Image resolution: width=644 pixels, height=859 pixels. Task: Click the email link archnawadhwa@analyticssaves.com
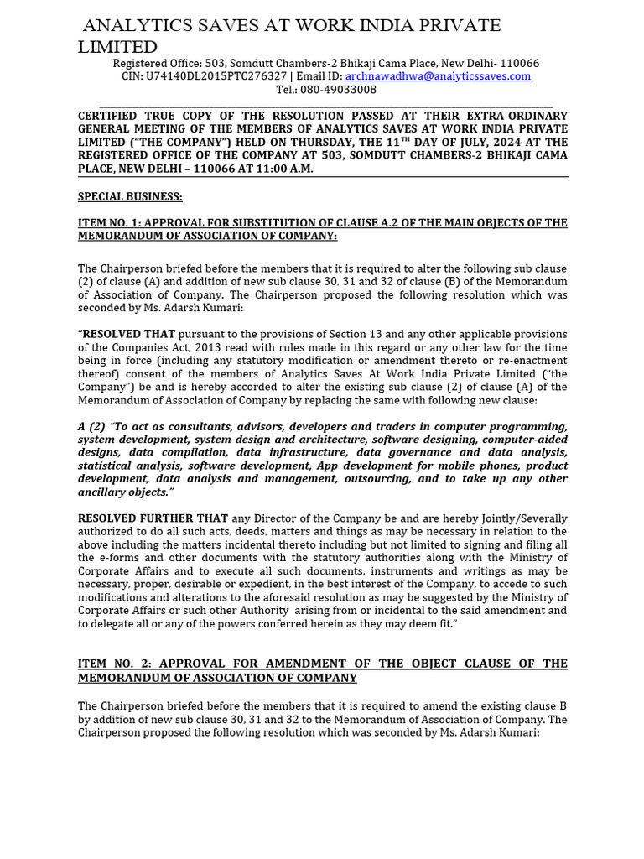pyautogui.click(x=438, y=76)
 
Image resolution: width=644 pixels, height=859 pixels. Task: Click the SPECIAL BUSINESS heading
pyautogui.click(x=130, y=196)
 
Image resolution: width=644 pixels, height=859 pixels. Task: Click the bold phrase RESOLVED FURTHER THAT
pyautogui.click(x=153, y=518)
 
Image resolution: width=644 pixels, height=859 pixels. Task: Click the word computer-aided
pyautogui.click(x=525, y=440)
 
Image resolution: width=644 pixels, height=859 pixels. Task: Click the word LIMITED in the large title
pyautogui.click(x=117, y=47)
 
